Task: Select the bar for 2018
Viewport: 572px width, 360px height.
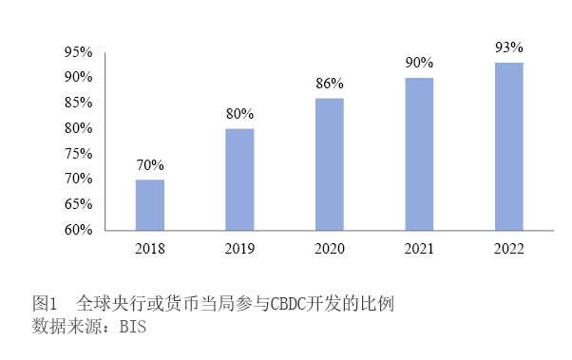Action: pos(149,204)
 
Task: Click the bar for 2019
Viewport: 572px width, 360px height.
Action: pos(239,179)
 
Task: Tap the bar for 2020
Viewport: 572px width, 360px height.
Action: pos(330,163)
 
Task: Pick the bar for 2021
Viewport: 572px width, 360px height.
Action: pos(419,153)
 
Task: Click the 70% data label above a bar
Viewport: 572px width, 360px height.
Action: pos(149,164)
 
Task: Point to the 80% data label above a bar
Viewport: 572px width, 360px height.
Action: pos(239,114)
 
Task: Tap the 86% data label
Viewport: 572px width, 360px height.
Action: pos(330,84)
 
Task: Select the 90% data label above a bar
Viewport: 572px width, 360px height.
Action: pos(419,63)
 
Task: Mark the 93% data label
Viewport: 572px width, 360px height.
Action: pos(508,47)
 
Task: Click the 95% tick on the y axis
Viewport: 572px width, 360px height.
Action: pos(78,51)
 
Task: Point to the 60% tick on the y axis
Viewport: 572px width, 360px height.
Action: pos(78,230)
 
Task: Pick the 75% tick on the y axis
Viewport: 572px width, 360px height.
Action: pos(78,153)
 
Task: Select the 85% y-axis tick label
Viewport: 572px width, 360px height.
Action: pos(78,103)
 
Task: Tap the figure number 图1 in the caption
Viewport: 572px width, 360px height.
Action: pos(46,305)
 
